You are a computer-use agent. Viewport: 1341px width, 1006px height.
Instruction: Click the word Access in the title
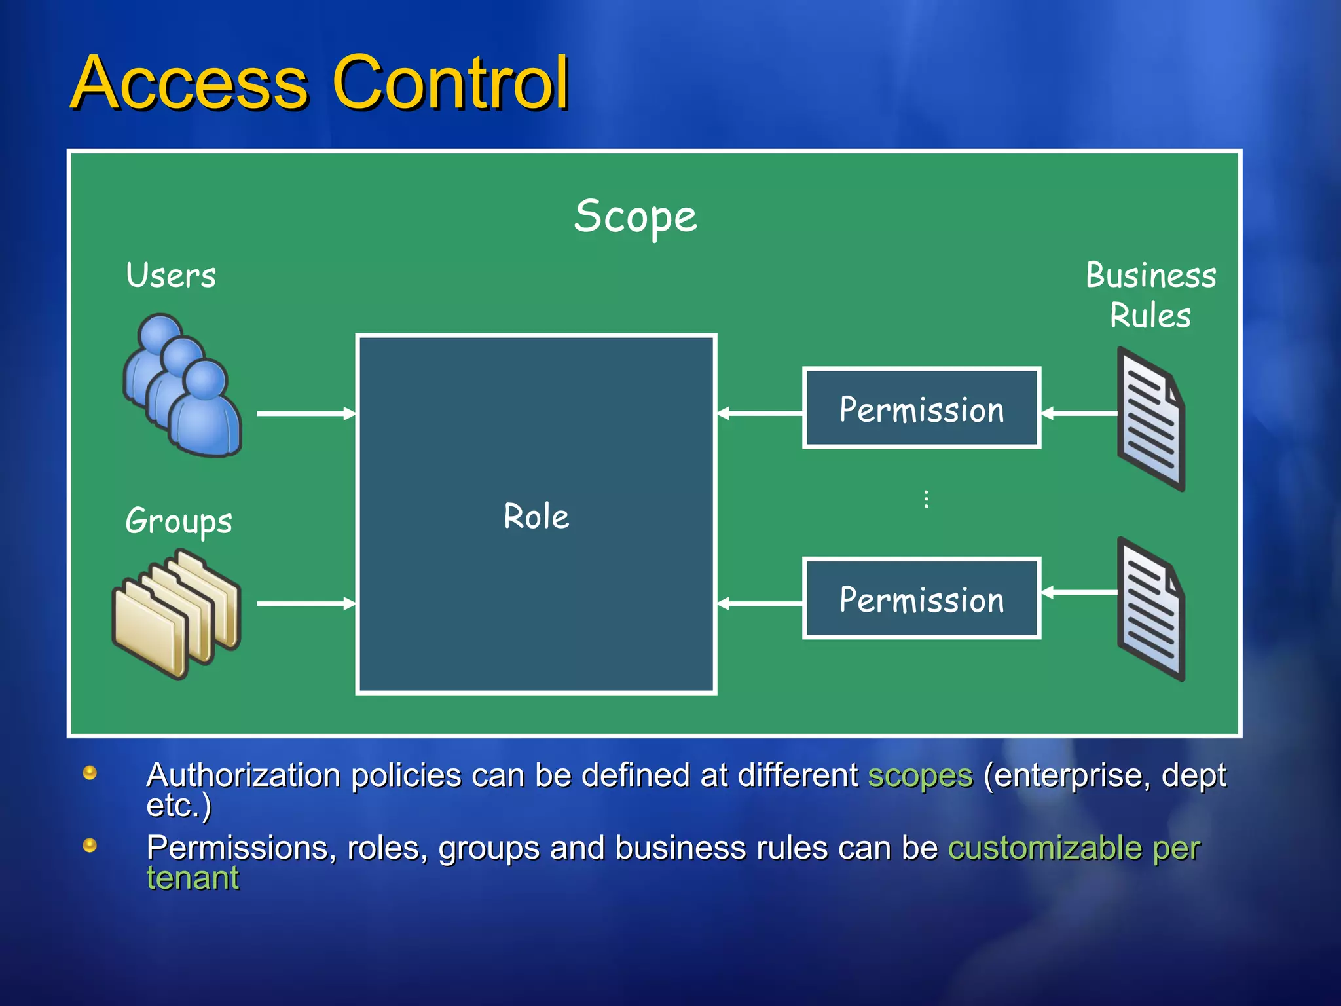coord(189,83)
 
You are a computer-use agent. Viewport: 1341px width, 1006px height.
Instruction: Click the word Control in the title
coord(451,83)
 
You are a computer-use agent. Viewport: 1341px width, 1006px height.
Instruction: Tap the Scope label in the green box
coord(635,216)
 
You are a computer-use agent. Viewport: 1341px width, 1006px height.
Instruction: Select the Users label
coord(171,275)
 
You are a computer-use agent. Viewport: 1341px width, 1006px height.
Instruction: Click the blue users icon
coord(183,386)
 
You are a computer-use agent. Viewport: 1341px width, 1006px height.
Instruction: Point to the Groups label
coord(179,521)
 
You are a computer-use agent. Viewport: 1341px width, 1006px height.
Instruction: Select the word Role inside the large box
coord(536,516)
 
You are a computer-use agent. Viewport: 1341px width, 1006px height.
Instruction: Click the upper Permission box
coord(921,409)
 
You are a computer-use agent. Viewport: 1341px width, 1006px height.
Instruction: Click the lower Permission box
coord(921,599)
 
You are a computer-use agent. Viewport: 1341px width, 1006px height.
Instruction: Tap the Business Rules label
coord(1150,295)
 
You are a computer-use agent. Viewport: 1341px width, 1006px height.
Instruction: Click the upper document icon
coord(1151,419)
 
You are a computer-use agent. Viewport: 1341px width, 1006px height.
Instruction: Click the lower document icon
coord(1151,609)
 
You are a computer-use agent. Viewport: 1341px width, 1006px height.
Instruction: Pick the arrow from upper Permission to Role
coord(760,413)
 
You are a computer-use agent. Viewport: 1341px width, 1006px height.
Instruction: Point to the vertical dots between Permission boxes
coord(926,499)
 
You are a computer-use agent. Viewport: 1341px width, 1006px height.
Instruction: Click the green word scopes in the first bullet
coord(920,775)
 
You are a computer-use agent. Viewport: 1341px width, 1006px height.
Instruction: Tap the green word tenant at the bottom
coord(193,878)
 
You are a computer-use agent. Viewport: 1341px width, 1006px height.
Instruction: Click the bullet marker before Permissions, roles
coord(90,846)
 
